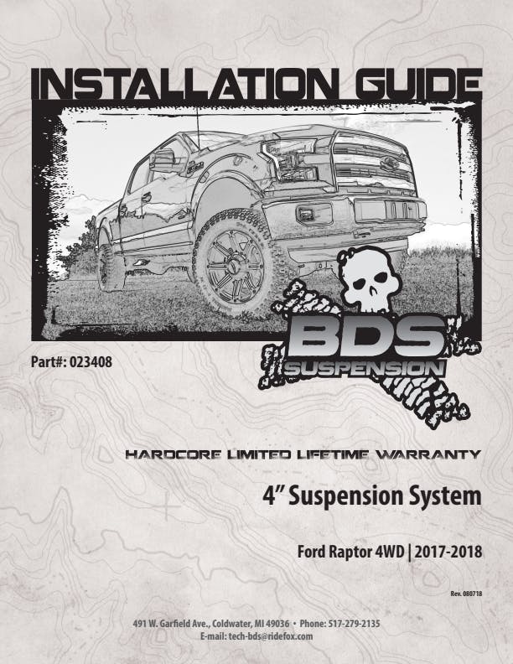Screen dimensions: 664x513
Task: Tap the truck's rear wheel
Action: [x=107, y=262]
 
